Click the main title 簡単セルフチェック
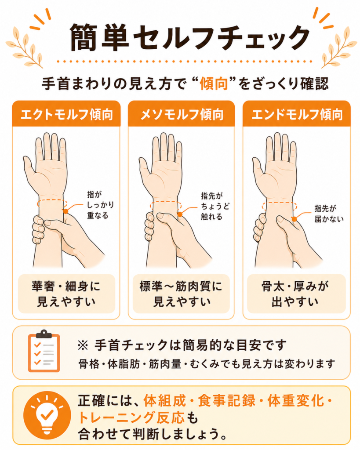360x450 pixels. tap(189, 37)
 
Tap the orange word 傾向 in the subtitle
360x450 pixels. tap(214, 84)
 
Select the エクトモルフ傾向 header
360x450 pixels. tap(66, 115)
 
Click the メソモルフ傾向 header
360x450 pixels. tap(182, 115)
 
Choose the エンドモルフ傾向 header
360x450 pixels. tap(297, 115)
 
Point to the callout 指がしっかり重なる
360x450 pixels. tap(101, 205)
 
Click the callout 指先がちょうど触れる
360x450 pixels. tap(215, 206)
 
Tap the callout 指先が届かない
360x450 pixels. tap(329, 214)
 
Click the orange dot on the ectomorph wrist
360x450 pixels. tap(66, 211)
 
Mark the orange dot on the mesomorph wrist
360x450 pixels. tap(180, 214)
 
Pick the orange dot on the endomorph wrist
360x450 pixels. tap(294, 219)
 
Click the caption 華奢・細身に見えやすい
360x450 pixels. tap(66, 294)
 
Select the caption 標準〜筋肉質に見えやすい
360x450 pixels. tap(181, 294)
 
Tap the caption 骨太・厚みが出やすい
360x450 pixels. tap(296, 294)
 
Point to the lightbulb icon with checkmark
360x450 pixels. tap(47, 415)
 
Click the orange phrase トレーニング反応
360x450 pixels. tap(131, 417)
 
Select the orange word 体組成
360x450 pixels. tap(165, 401)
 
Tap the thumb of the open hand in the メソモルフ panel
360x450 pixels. tap(145, 169)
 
